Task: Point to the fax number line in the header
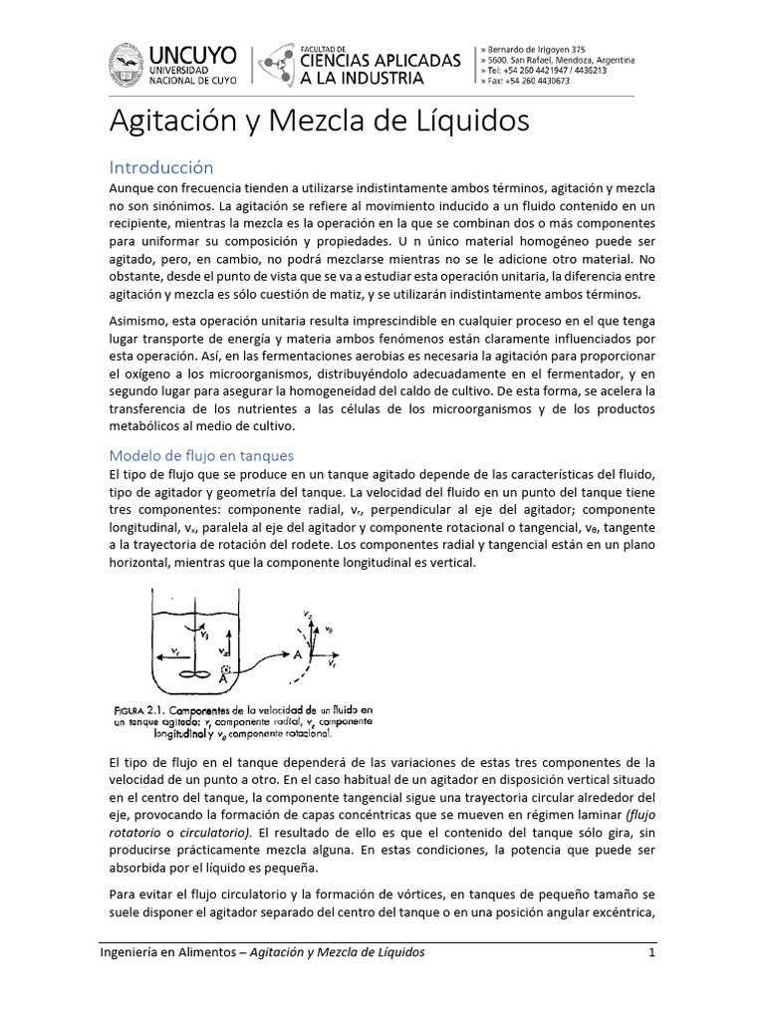click(525, 82)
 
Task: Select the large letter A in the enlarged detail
click(298, 653)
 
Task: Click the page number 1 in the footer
click(650, 952)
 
